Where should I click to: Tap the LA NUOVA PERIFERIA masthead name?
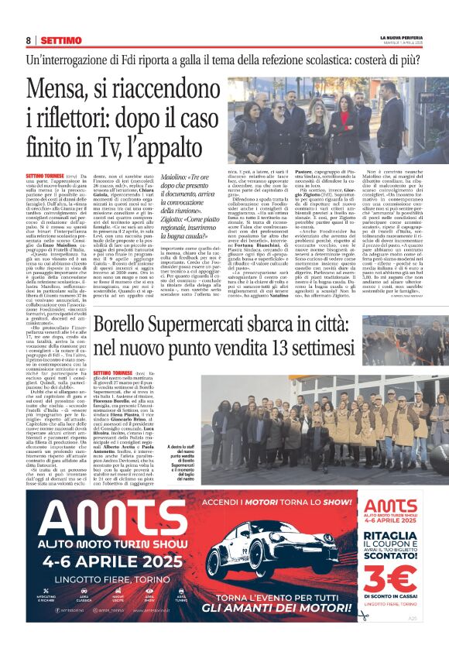pos(399,37)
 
